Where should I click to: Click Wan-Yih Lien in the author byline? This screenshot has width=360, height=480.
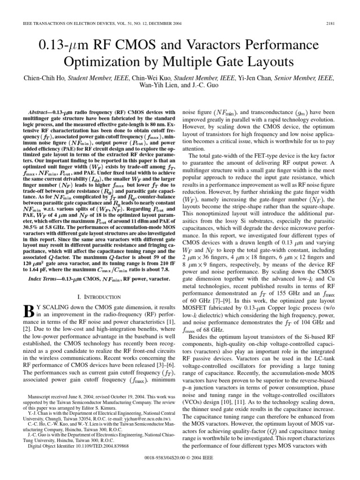(x=157, y=85)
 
